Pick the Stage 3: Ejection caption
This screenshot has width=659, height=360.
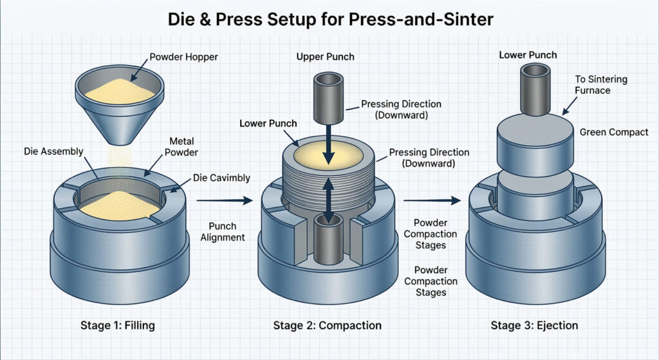(x=534, y=325)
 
